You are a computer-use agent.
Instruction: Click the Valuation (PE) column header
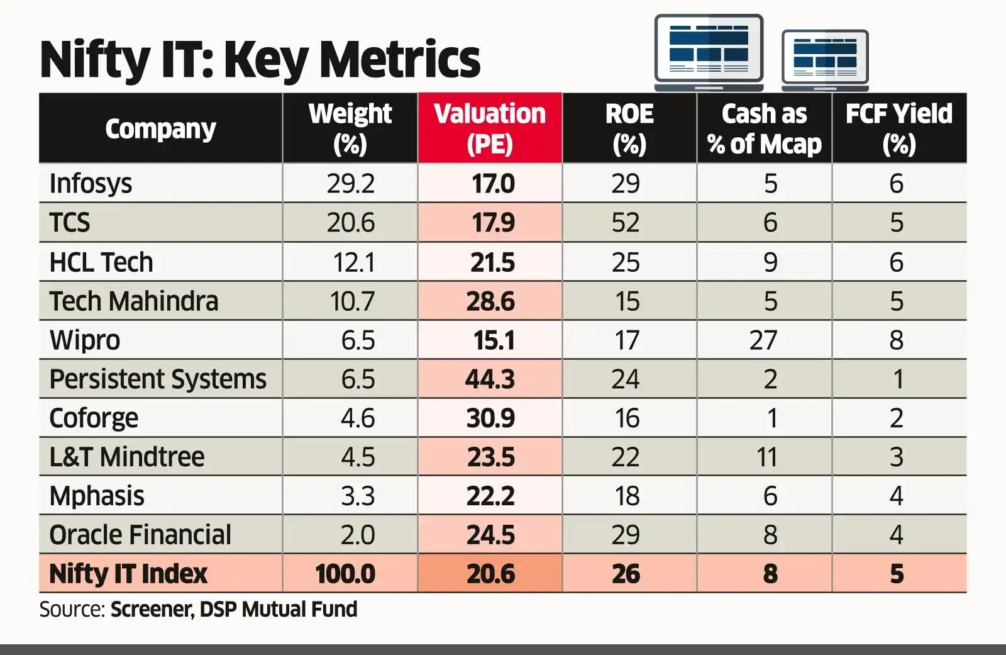[490, 128]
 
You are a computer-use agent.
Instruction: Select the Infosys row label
[91, 184]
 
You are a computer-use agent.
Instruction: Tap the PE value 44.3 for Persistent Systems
[490, 379]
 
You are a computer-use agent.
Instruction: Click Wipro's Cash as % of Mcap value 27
[763, 340]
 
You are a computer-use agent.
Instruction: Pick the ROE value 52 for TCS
[625, 223]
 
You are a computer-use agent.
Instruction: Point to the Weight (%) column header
[350, 128]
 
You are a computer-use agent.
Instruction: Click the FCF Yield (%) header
[898, 128]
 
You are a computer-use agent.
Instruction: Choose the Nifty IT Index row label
[128, 574]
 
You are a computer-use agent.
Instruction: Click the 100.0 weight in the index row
[345, 574]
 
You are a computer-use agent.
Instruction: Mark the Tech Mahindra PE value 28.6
[490, 301]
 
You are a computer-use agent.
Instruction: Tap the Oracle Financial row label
[140, 535]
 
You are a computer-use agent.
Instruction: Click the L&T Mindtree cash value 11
[766, 457]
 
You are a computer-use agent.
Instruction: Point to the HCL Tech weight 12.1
[353, 262]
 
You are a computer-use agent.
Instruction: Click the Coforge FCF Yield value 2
[897, 418]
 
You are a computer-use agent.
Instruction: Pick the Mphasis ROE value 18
[626, 496]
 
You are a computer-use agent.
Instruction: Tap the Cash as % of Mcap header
[764, 128]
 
